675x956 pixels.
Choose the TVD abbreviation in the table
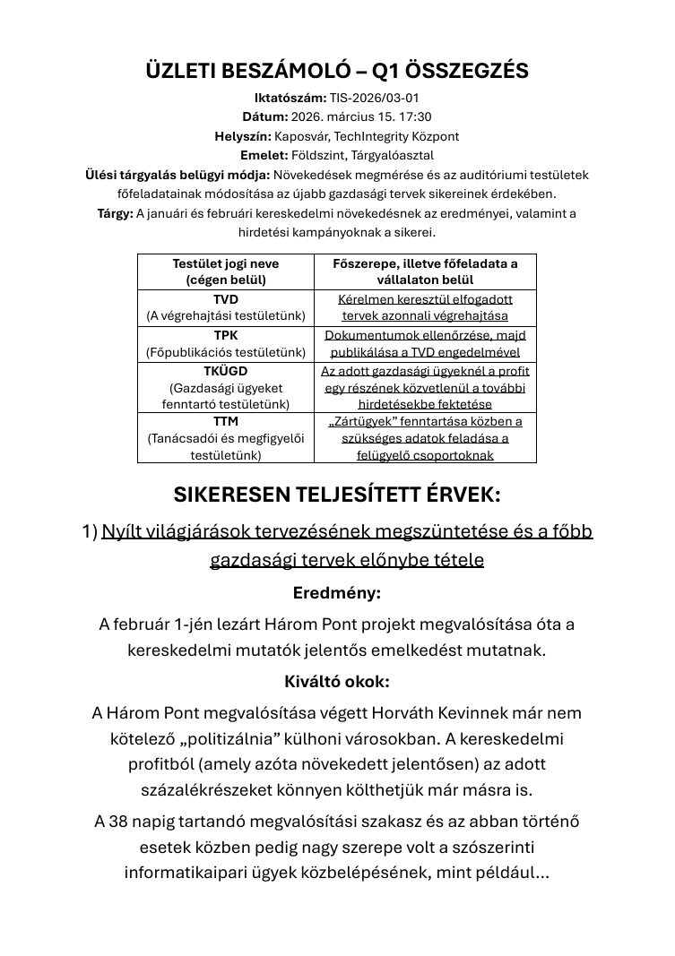click(226, 299)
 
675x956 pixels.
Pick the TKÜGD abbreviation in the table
click(226, 371)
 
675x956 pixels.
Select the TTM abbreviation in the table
click(226, 421)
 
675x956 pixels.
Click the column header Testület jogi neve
click(226, 263)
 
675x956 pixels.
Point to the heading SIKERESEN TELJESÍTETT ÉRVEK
click(337, 495)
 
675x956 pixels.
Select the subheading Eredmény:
click(337, 593)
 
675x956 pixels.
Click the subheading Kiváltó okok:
click(337, 682)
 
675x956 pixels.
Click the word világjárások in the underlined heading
click(199, 531)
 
